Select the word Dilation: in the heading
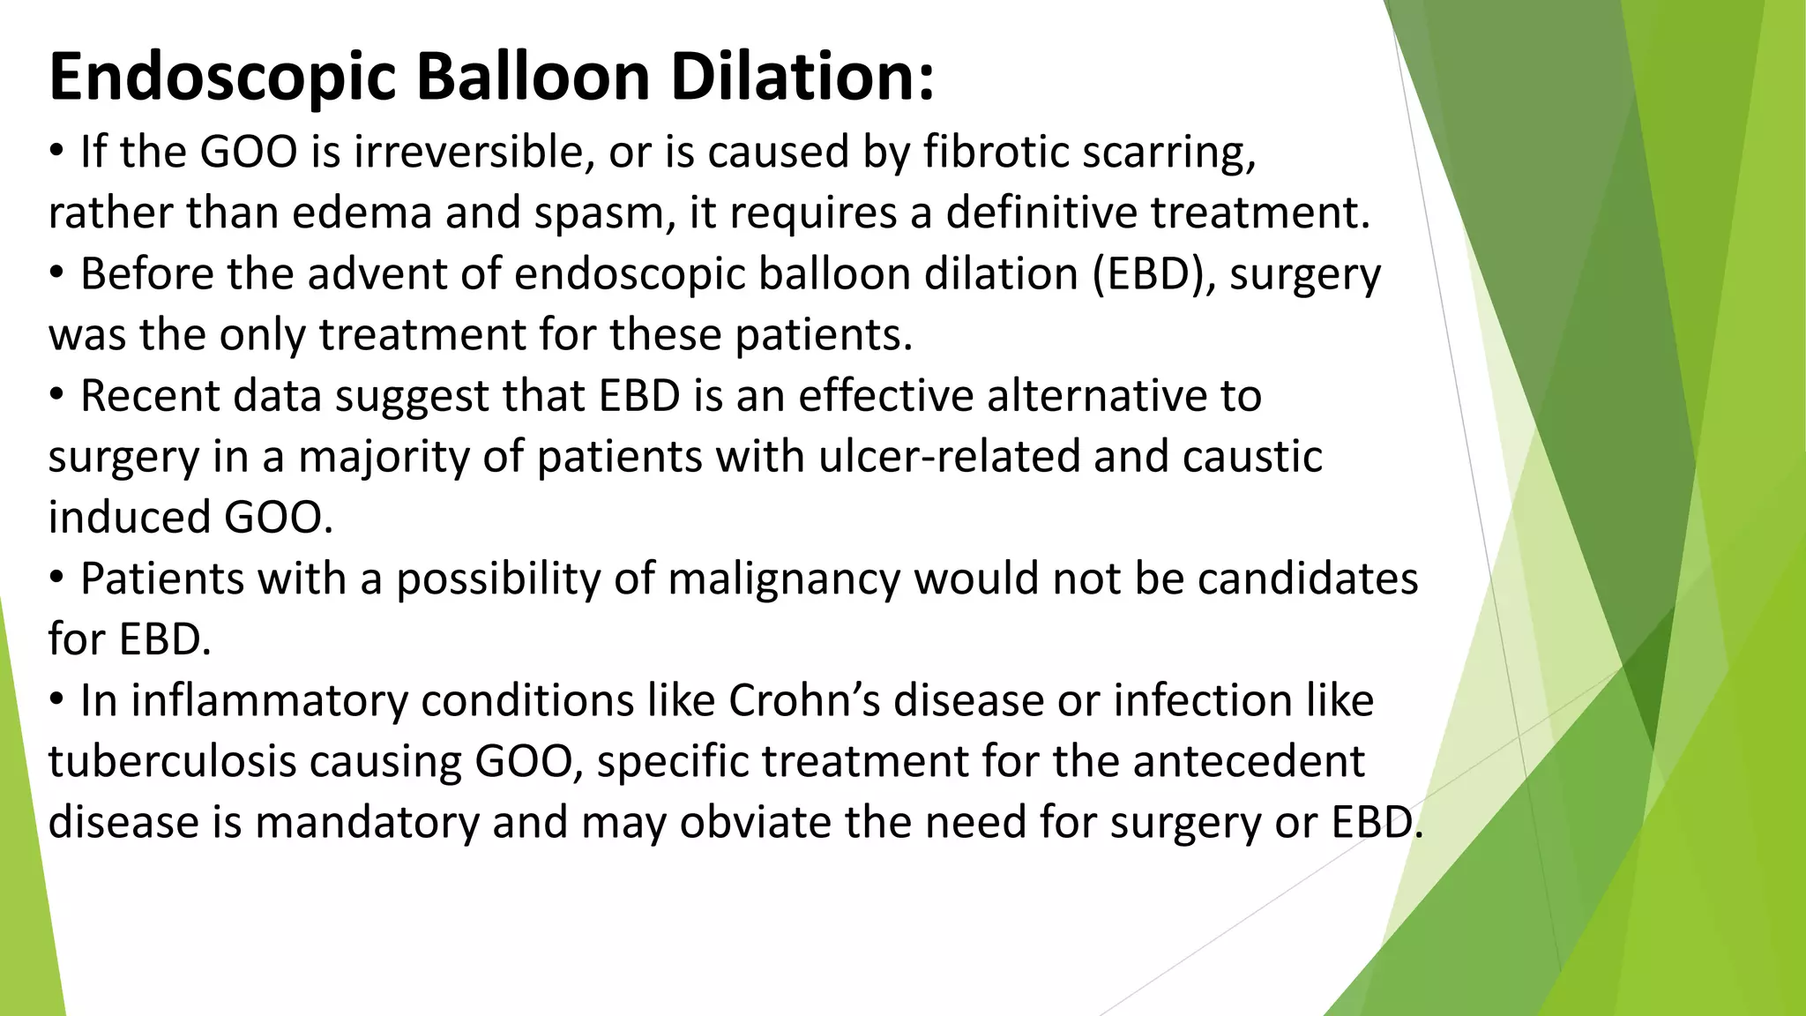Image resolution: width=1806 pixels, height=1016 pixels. (802, 78)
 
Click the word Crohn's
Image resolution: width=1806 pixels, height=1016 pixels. (804, 701)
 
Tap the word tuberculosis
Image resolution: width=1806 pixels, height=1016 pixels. (171, 762)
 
